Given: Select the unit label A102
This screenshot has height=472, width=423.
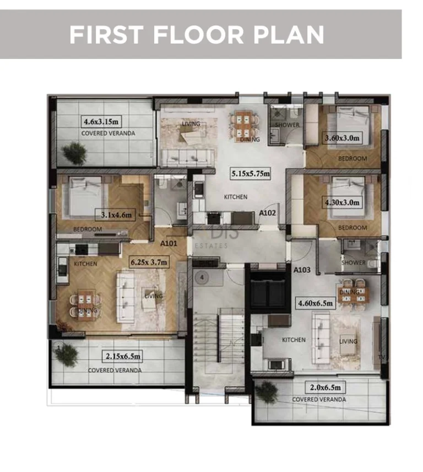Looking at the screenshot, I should click(268, 212).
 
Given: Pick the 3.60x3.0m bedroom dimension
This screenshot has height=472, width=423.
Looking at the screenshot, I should click(343, 138).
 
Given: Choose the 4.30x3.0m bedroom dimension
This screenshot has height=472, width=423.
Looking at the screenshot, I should click(342, 202).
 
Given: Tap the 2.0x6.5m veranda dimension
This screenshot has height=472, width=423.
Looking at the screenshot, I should click(321, 387).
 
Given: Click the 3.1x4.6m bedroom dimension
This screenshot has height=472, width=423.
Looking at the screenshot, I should click(116, 215).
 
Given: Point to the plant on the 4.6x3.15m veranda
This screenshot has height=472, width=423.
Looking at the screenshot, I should click(74, 152).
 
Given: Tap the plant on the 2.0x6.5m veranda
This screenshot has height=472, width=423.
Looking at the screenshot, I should click(267, 391).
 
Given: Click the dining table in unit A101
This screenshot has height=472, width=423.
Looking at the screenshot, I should click(85, 302).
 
